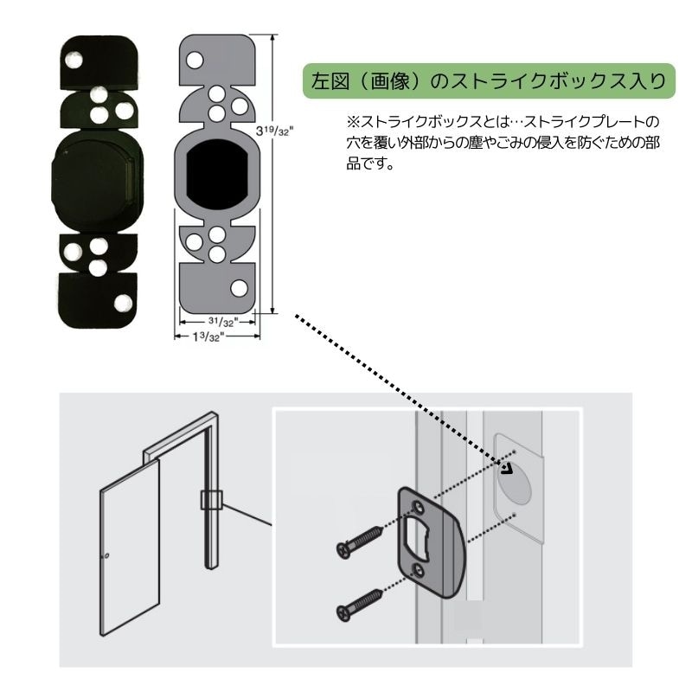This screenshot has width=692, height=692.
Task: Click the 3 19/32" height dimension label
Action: [277, 131]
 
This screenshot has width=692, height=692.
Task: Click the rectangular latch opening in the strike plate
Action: [426, 537]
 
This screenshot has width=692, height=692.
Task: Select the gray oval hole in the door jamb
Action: [517, 482]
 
